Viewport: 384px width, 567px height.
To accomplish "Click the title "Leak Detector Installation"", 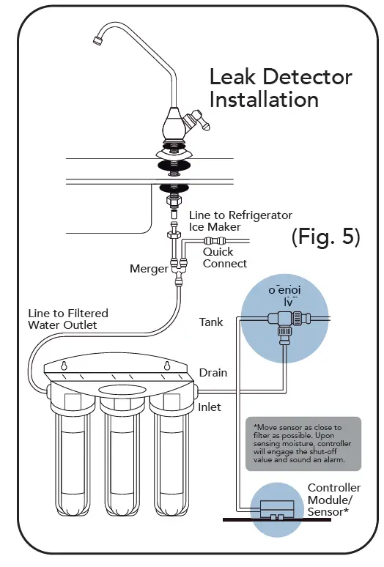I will (281, 87).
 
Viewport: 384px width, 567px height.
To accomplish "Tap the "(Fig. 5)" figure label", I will (325, 237).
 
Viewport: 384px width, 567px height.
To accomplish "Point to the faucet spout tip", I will (97, 45).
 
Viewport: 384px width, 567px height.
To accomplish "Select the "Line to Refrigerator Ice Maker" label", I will (240, 220).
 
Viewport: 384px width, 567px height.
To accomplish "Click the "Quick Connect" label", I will (224, 258).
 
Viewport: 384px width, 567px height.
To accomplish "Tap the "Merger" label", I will (149, 269).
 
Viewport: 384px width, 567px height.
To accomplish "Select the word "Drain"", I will (213, 373).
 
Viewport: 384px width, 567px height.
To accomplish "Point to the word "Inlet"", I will (210, 407).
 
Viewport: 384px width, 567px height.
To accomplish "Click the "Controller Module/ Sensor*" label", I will (333, 500).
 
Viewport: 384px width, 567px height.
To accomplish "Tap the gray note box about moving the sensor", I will (303, 443).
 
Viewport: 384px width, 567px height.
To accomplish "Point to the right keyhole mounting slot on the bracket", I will (166, 366).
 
